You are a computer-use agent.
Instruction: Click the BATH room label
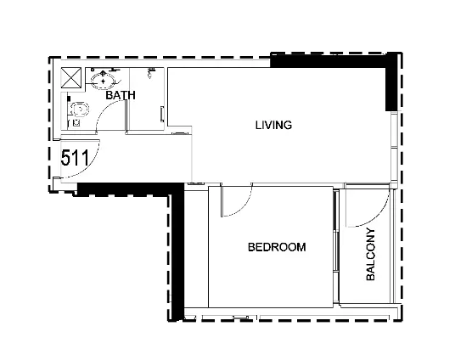point(121,95)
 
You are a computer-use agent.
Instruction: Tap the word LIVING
point(273,125)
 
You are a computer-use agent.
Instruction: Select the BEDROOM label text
point(277,247)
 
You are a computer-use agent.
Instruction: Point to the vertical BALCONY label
point(371,255)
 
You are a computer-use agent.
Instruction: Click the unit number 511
point(75,158)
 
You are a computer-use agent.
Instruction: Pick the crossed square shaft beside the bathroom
point(71,77)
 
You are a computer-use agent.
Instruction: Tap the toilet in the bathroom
point(79,110)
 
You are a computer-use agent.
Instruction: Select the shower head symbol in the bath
point(150,72)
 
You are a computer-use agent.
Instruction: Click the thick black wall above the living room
point(329,61)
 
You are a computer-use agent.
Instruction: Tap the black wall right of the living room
point(391,82)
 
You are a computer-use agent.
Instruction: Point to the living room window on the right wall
point(394,148)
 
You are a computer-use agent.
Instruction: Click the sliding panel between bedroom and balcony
point(336,247)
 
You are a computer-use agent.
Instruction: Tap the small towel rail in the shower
point(162,114)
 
